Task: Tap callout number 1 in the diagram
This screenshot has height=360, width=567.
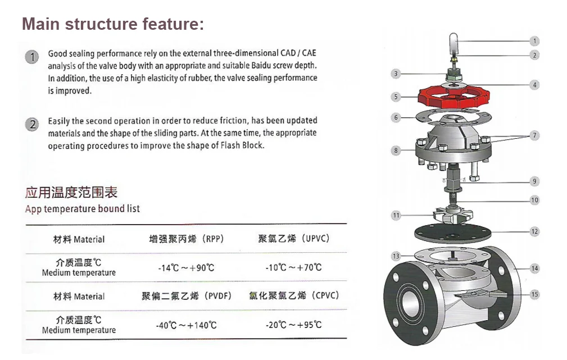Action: click(x=534, y=41)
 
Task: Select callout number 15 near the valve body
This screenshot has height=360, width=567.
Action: click(x=534, y=294)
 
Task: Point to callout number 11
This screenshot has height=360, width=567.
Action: click(x=396, y=216)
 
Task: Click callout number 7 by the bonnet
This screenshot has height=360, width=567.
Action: click(x=534, y=136)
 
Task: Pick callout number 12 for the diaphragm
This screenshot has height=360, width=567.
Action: click(x=534, y=231)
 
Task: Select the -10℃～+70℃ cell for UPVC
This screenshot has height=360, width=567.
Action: click(x=293, y=267)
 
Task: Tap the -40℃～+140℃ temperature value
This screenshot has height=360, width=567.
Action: click(x=186, y=325)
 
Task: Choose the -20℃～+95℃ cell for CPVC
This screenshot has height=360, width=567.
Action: click(x=293, y=325)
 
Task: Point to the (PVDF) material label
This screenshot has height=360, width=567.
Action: click(x=217, y=296)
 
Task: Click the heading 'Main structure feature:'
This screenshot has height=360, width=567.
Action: click(x=112, y=24)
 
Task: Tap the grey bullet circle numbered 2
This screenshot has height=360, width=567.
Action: click(x=33, y=125)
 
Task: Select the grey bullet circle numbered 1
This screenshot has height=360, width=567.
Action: click(x=33, y=57)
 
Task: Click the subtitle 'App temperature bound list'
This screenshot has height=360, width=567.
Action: click(x=83, y=209)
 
